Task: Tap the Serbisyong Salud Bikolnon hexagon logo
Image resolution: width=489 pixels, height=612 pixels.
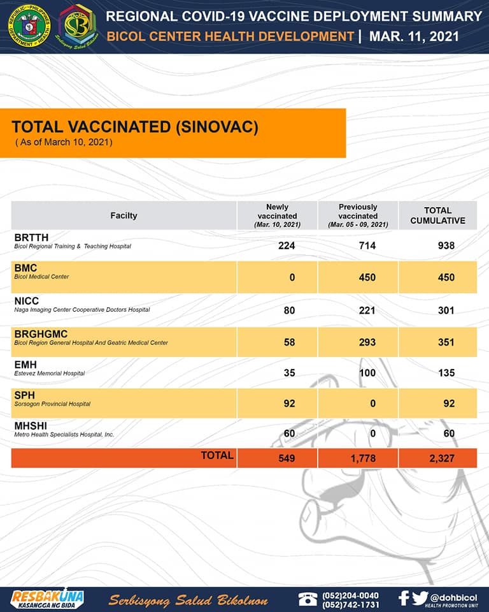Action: click(x=78, y=26)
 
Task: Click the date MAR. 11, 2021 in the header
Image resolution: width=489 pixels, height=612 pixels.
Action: click(x=414, y=36)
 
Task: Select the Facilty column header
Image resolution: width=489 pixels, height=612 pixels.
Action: click(x=124, y=215)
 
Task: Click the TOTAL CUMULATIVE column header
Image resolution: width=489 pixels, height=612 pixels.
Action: click(x=437, y=215)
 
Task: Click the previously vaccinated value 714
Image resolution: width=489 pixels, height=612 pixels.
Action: click(x=367, y=245)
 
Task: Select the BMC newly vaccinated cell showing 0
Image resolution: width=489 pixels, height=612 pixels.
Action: click(x=292, y=277)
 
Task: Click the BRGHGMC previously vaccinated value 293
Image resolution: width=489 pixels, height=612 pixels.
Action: click(x=367, y=342)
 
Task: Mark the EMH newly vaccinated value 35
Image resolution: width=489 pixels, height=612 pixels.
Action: click(x=289, y=373)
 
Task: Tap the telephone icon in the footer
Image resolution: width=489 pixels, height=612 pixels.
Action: click(x=308, y=599)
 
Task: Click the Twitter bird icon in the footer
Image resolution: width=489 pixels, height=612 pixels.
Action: click(x=419, y=598)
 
